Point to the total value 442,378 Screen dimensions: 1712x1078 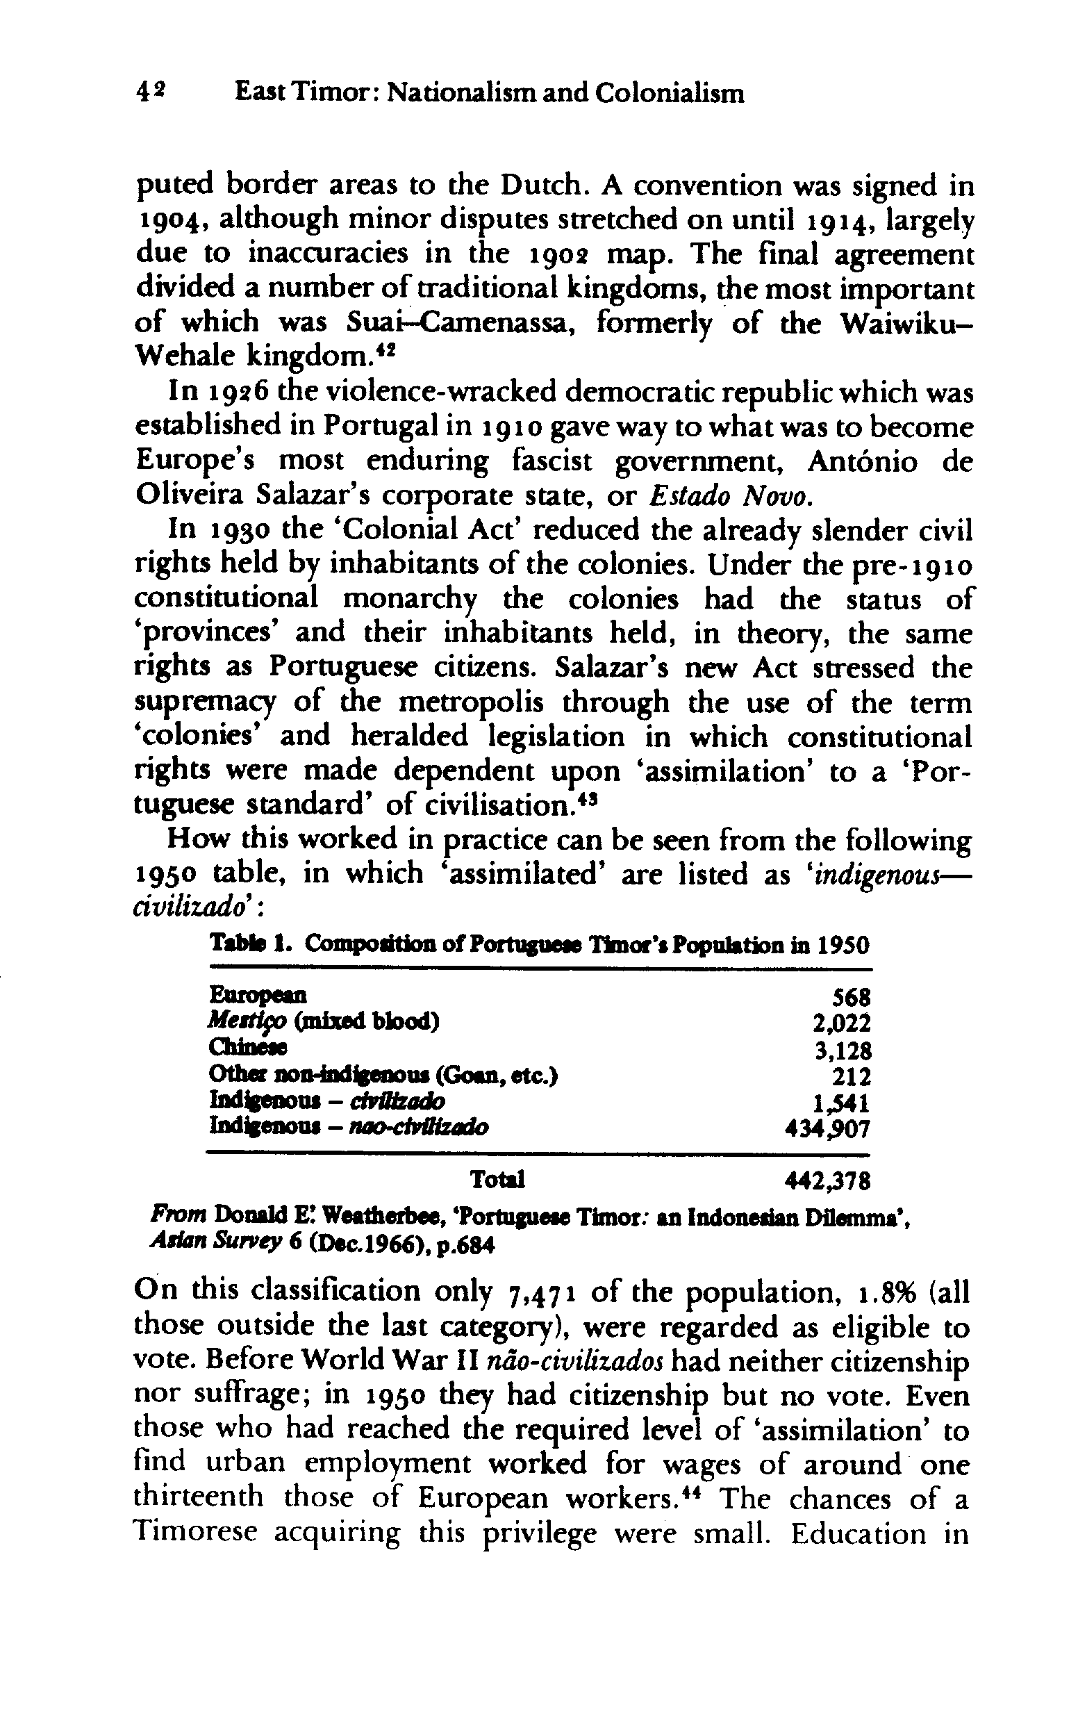tap(827, 1181)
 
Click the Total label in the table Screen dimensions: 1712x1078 tap(497, 1180)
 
